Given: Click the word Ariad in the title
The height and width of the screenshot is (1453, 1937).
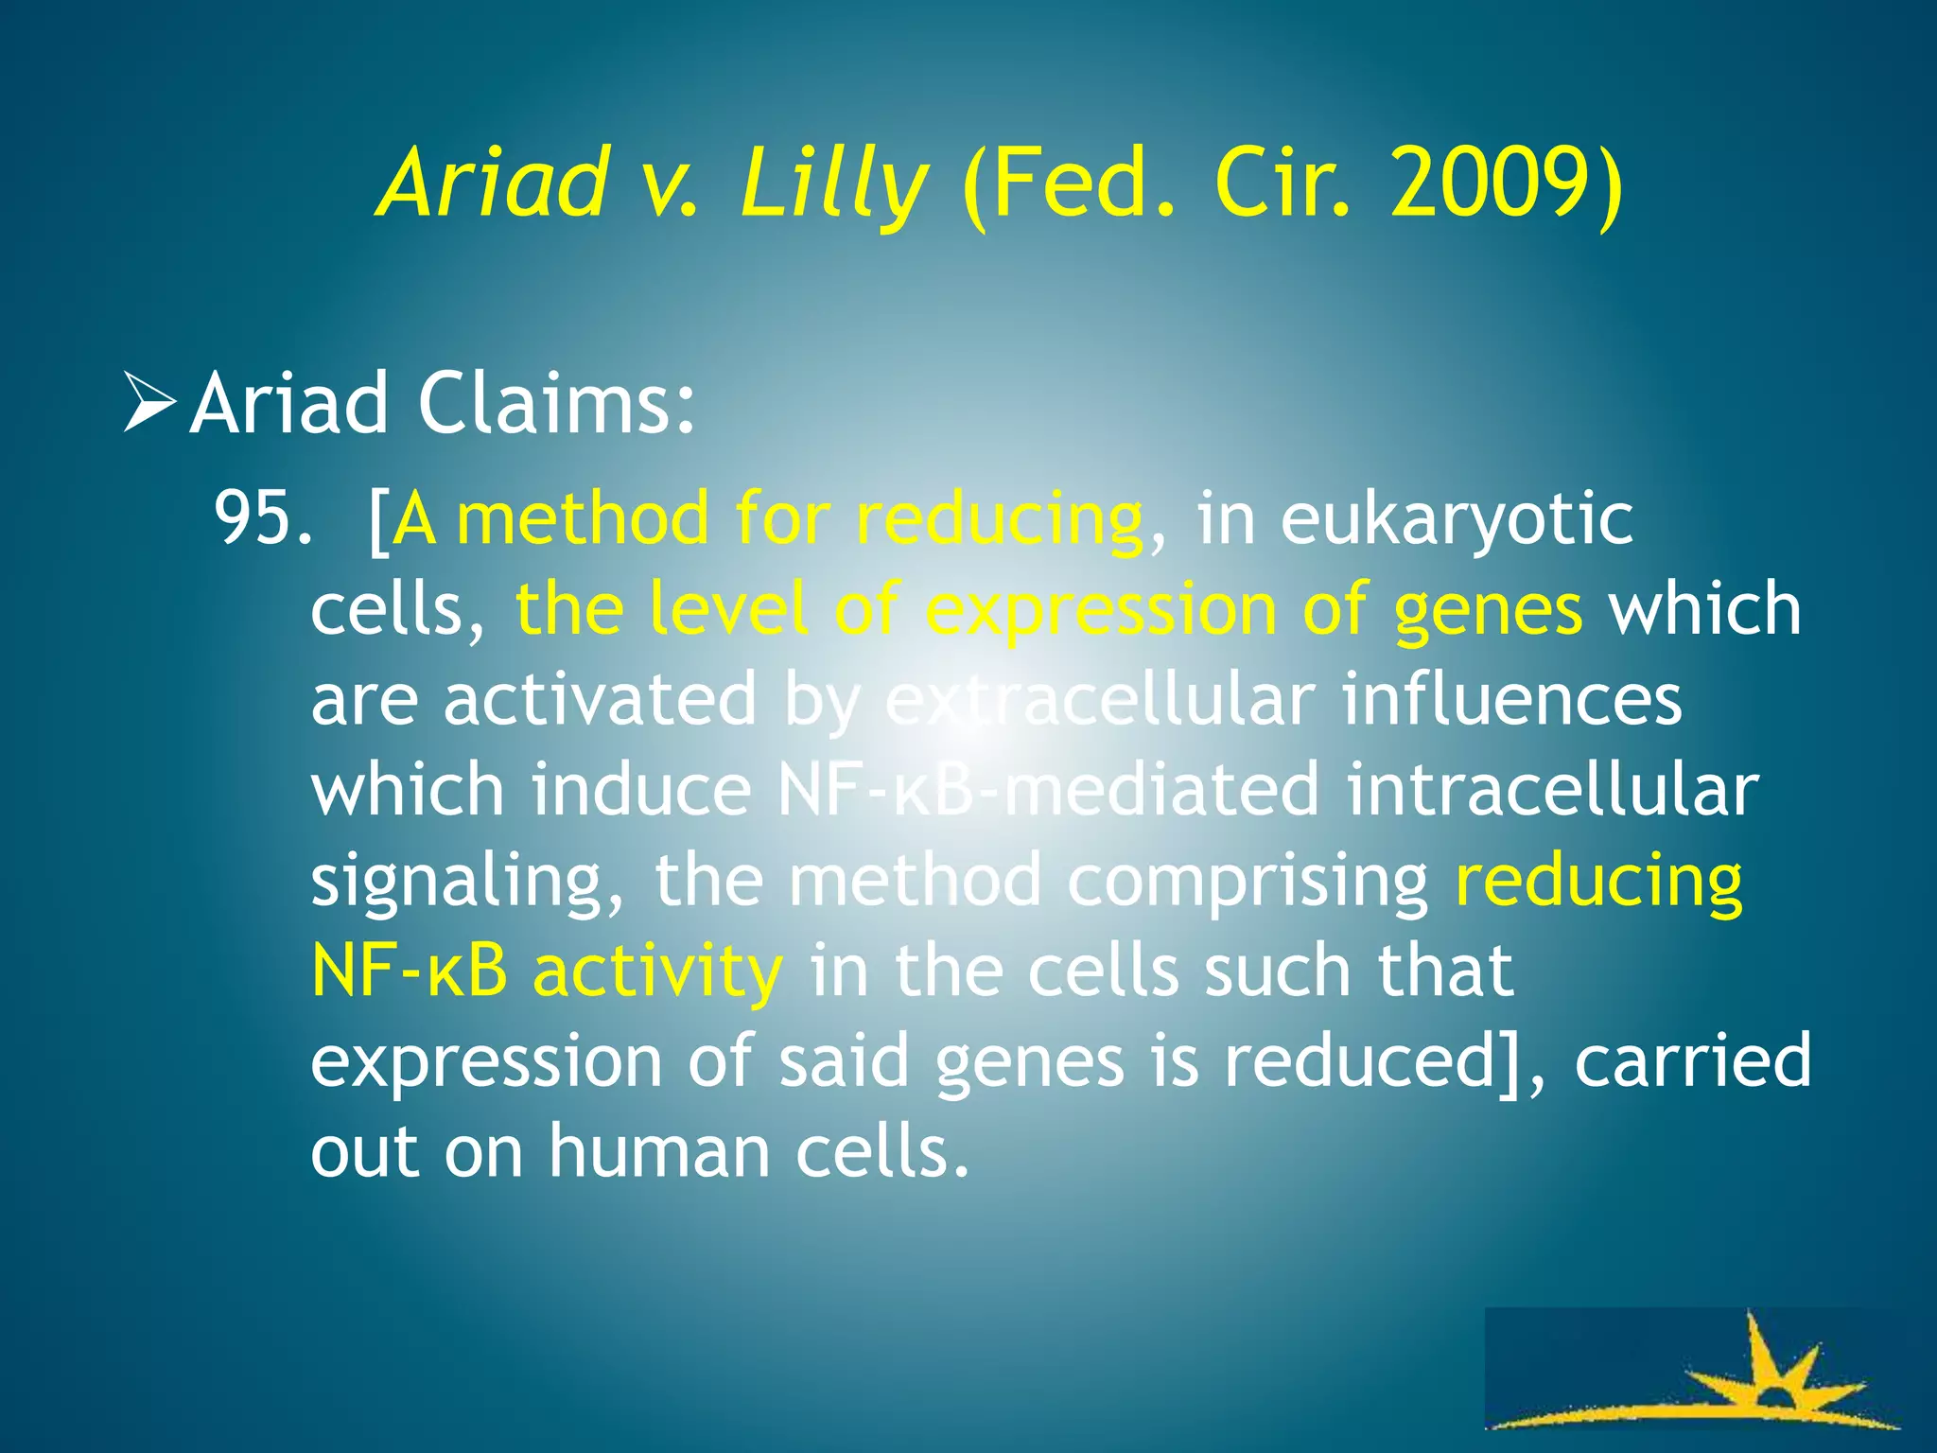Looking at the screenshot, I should [x=492, y=182].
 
